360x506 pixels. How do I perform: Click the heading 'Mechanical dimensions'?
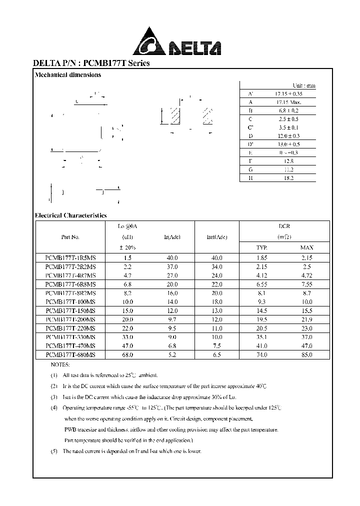point(67,75)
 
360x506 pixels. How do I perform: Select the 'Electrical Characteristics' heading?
point(70,215)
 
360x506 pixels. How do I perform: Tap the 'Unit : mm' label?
point(304,85)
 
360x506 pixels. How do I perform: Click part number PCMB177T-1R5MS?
point(70,257)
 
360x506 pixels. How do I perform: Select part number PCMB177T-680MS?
point(70,354)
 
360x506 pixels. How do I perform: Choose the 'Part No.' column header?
point(70,237)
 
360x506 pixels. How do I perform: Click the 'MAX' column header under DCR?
point(306,247)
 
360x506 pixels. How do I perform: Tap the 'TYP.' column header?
point(261,247)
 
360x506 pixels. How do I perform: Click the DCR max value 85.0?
point(306,354)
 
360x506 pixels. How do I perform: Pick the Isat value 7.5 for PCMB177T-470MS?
point(216,345)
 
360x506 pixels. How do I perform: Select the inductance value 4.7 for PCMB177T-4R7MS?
point(127,275)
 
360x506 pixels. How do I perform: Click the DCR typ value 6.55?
point(261,284)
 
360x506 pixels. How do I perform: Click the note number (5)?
point(54,451)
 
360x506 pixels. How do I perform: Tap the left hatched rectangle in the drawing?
point(175,116)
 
